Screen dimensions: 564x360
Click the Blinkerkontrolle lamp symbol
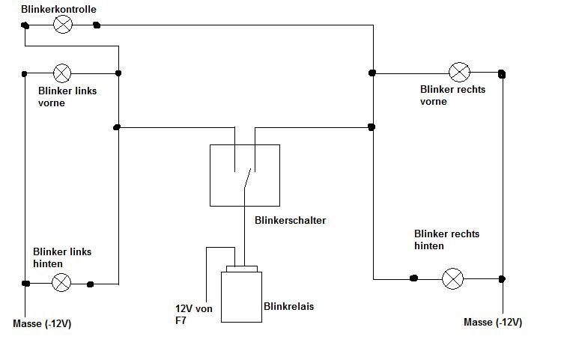click(x=63, y=25)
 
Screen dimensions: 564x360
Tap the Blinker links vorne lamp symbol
click(x=62, y=73)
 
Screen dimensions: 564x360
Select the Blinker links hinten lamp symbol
click(x=61, y=282)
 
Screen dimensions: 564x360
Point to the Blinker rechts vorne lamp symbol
click(x=459, y=72)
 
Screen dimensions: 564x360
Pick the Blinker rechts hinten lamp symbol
click(x=452, y=278)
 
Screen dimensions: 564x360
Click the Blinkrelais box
click(x=241, y=297)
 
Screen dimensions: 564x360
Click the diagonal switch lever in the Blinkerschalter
click(x=247, y=178)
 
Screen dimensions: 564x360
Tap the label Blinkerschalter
click(x=291, y=220)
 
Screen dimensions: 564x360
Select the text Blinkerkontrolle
click(x=58, y=9)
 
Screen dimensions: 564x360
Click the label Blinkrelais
click(x=289, y=306)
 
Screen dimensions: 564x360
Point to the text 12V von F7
click(x=193, y=314)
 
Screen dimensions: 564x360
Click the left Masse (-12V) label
click(x=42, y=324)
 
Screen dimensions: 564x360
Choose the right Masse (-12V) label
click(x=493, y=323)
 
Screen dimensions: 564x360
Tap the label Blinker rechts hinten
click(x=446, y=240)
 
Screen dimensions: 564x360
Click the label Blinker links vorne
click(x=67, y=97)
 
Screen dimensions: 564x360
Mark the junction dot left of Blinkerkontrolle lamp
click(x=25, y=25)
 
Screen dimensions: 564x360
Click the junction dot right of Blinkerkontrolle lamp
click(x=97, y=25)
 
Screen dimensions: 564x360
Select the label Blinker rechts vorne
click(x=452, y=95)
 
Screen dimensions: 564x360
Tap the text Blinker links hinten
click(x=62, y=257)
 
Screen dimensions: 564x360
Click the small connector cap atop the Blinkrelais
click(x=242, y=269)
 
